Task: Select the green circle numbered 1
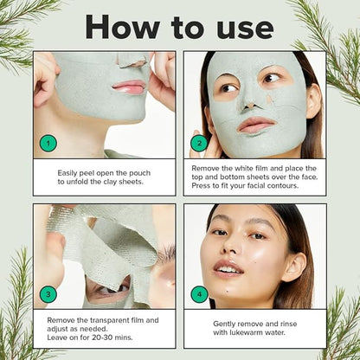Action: (48, 143)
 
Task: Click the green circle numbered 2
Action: (199, 143)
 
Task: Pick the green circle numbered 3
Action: (48, 293)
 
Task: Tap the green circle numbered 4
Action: (199, 293)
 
